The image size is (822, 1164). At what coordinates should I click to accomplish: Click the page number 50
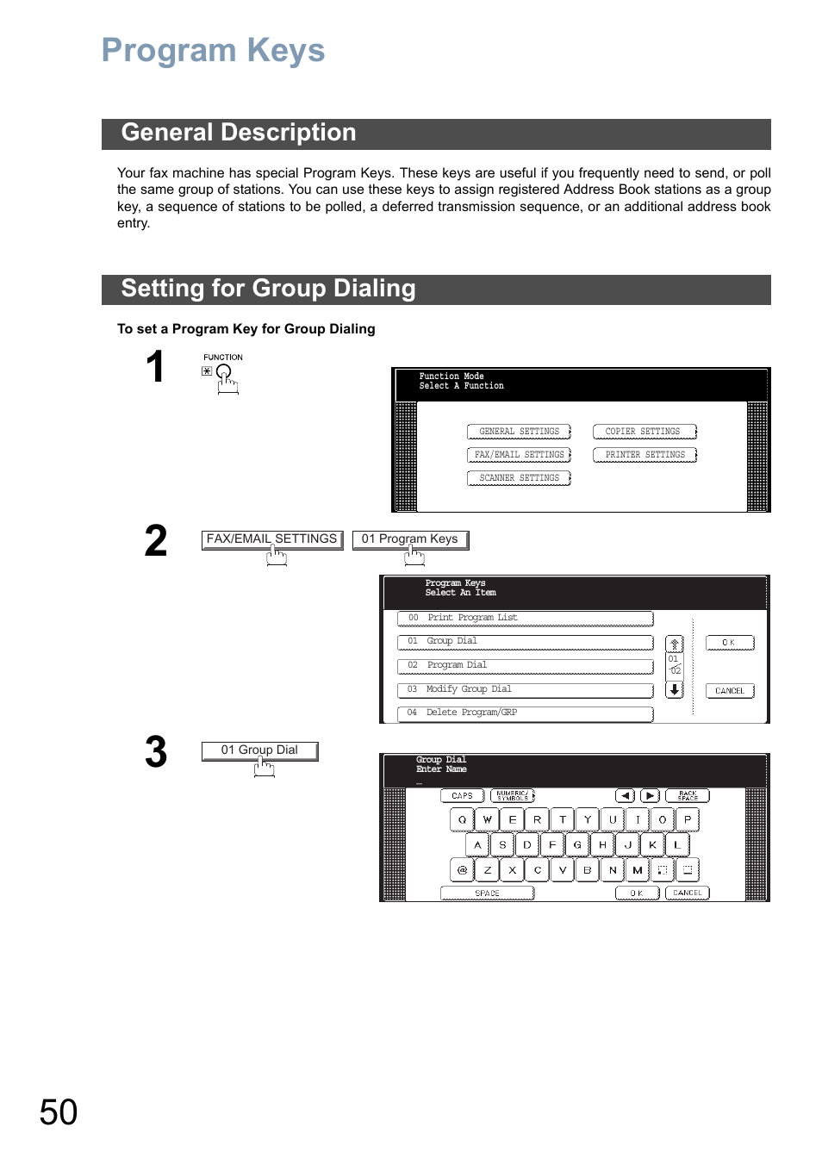point(59,1112)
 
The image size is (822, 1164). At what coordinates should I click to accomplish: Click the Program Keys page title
point(213,51)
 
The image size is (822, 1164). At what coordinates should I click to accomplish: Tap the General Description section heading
point(239,133)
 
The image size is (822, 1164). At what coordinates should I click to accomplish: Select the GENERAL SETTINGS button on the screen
point(519,432)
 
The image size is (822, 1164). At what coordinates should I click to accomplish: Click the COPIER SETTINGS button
point(644,432)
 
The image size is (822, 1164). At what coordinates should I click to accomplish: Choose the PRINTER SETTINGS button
point(645,455)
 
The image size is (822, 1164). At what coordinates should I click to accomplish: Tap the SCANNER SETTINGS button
point(519,478)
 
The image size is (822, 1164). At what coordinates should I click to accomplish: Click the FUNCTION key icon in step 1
point(224,374)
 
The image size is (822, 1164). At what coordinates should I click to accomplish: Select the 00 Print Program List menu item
point(524,619)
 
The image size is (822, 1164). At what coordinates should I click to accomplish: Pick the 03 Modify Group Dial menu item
point(524,690)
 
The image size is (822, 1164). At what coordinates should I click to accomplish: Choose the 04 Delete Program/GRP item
point(524,713)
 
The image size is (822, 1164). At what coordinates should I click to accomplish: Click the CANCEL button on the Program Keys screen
point(729,691)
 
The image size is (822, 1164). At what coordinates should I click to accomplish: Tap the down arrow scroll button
point(675,690)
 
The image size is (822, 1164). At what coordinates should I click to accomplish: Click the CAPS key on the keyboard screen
point(462,796)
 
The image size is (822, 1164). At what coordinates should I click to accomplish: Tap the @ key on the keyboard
point(462,870)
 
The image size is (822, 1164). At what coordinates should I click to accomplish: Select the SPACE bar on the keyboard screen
point(487,893)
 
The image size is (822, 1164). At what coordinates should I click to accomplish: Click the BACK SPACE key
point(687,796)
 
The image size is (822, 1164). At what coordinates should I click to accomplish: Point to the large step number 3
point(156,752)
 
